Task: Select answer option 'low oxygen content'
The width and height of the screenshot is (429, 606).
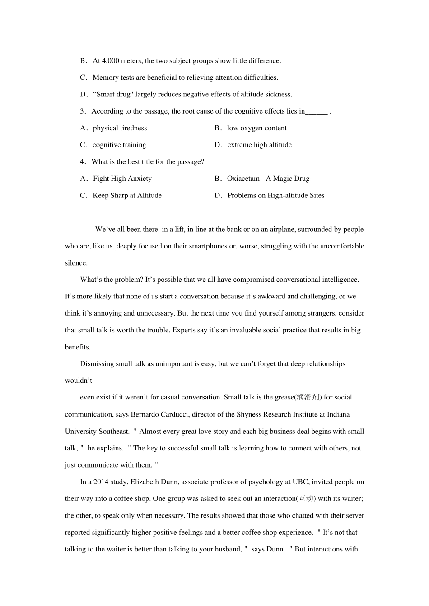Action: coord(256,128)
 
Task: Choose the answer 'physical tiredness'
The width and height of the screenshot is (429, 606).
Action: coord(120,128)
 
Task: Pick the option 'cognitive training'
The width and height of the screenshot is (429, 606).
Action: coord(119,145)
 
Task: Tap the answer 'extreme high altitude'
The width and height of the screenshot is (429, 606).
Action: coord(259,145)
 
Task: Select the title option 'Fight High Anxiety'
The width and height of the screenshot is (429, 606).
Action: coord(122,179)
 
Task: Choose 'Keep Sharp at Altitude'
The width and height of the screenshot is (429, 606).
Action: coord(127,195)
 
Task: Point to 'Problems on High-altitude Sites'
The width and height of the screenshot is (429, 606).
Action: coord(275,195)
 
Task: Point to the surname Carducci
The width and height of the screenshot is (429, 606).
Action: coord(175,414)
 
